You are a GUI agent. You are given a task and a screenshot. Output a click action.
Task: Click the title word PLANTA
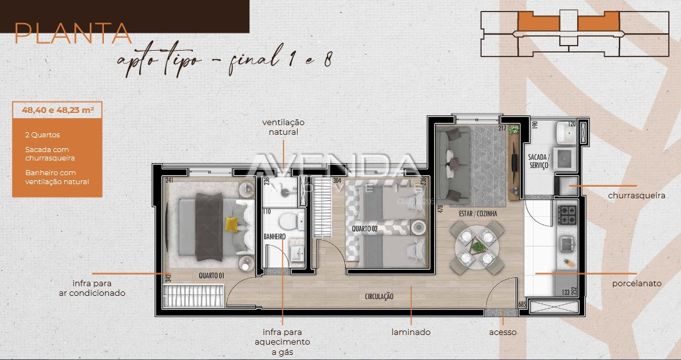72,33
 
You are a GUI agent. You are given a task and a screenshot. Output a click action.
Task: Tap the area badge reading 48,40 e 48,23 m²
56,110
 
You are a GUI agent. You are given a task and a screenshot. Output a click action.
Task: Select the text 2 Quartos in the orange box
42,135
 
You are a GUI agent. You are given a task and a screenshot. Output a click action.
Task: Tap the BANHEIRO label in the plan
274,237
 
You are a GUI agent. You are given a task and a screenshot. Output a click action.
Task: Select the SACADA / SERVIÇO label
538,161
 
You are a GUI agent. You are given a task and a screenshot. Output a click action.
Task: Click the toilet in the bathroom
289,222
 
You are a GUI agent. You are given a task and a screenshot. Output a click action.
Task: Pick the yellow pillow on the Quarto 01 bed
231,224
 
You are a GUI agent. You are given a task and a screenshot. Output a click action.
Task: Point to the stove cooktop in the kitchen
567,214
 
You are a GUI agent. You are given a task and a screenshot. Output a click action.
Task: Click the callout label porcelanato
637,283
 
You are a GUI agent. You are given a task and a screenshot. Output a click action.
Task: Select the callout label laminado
411,332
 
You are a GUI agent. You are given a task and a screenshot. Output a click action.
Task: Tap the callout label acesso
503,332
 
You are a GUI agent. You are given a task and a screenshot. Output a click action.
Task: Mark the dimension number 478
441,209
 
